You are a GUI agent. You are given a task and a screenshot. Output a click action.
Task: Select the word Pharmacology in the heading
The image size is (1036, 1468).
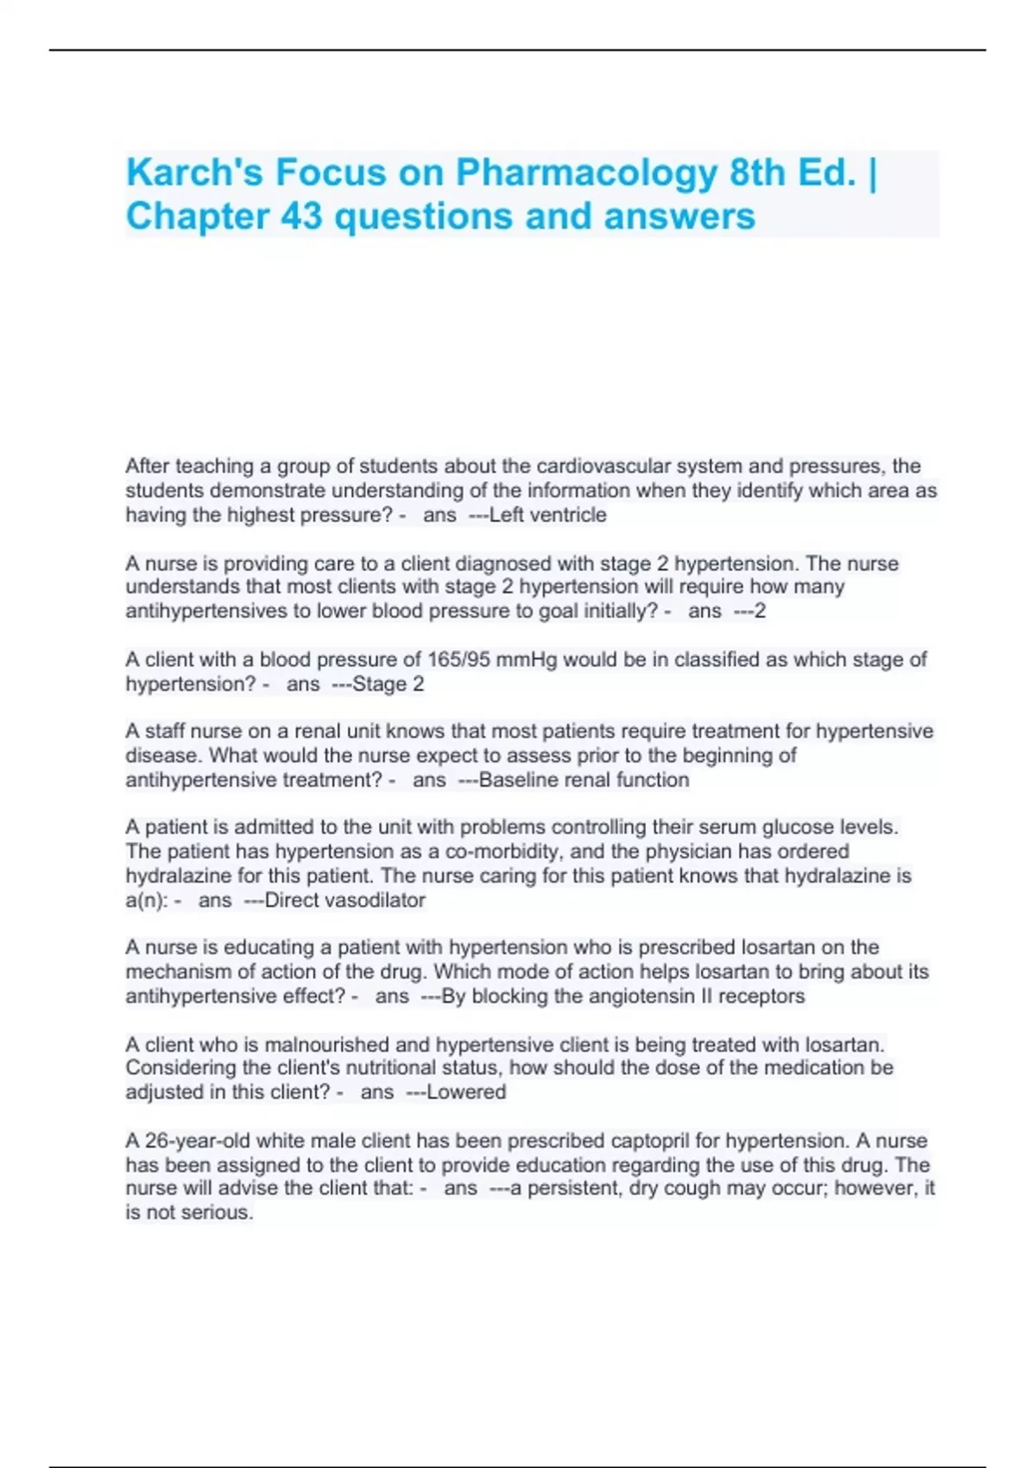(586, 173)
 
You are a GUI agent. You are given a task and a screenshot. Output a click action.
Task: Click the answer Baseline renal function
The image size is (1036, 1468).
(584, 780)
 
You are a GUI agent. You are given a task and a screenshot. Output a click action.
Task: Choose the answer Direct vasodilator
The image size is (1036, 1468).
(344, 900)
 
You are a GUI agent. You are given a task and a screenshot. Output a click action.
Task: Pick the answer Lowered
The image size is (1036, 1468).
(466, 1092)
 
